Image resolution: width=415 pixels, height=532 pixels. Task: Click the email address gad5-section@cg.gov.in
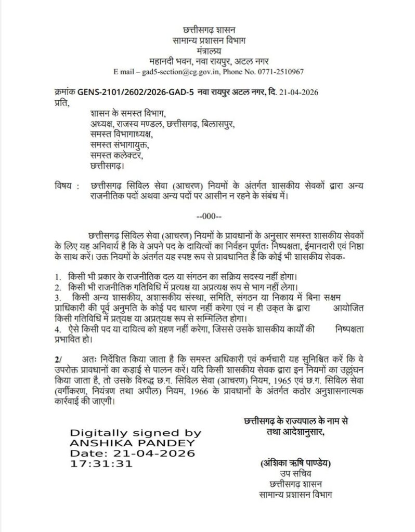coord(189,71)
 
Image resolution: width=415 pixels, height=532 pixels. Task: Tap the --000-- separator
coord(209,216)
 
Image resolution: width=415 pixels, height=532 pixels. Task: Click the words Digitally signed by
coord(131,432)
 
